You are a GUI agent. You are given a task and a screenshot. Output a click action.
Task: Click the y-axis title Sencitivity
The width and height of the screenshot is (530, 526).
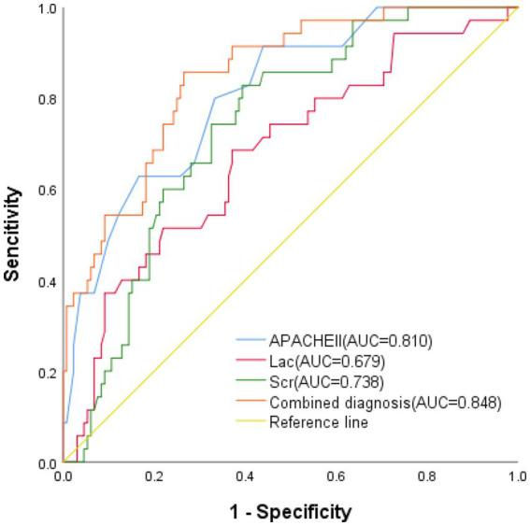click(13, 235)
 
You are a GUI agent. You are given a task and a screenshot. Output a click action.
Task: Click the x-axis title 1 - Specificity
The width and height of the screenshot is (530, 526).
click(290, 511)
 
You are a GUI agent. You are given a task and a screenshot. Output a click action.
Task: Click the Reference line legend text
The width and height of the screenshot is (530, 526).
click(319, 422)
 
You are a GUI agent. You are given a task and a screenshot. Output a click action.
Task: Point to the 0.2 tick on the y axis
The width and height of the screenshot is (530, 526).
click(47, 373)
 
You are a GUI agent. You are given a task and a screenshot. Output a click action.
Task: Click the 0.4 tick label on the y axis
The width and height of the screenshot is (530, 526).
click(47, 282)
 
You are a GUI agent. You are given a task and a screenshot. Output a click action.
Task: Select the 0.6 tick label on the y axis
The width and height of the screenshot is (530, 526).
click(47, 191)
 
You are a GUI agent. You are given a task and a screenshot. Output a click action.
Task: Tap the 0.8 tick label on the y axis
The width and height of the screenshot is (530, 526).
click(47, 99)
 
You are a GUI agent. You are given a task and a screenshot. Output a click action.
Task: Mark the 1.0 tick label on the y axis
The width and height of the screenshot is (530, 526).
click(47, 8)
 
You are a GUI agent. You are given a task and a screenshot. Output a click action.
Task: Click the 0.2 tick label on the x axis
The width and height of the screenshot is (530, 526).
click(154, 476)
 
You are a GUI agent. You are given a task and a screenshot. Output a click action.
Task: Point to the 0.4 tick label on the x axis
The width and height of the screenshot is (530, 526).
click(245, 476)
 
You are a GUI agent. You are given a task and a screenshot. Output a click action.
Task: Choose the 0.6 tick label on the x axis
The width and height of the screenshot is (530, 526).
click(336, 476)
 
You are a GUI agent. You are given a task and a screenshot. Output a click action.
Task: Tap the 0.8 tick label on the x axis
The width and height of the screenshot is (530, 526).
click(426, 476)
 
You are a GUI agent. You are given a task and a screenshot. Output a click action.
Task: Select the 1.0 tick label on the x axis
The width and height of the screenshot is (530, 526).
click(515, 476)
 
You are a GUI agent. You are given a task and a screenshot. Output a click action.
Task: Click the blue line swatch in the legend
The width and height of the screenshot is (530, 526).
click(251, 340)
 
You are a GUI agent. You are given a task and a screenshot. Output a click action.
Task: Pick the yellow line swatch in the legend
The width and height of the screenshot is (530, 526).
click(251, 423)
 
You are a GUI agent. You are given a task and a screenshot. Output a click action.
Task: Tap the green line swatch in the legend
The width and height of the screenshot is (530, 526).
click(251, 382)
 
